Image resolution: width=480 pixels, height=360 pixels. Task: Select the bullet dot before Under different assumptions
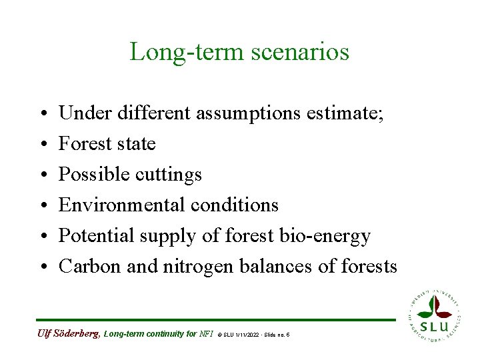tap(41, 114)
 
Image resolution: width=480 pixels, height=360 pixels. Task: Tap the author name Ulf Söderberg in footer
tap(68, 333)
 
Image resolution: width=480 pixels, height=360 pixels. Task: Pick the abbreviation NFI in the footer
tap(207, 333)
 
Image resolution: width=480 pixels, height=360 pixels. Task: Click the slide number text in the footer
tap(275, 334)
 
